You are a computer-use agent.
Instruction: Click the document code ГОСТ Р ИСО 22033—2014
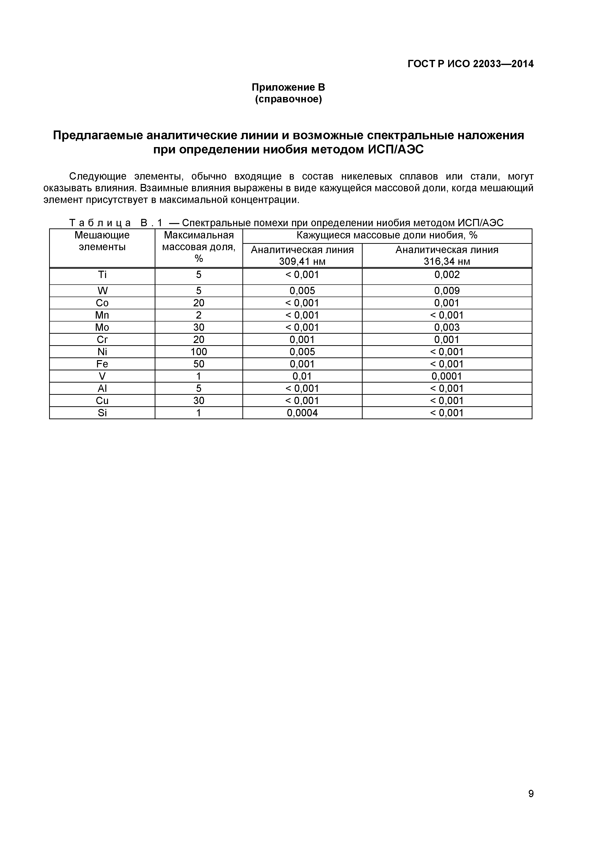470,64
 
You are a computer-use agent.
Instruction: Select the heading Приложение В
288,87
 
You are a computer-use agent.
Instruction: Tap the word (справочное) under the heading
288,100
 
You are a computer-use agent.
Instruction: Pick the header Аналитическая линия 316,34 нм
447,255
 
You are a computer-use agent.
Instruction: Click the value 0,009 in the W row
447,291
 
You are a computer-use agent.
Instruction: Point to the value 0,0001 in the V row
447,376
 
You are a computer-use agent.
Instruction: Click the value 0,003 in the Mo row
447,327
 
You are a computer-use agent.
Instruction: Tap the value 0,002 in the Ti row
447,275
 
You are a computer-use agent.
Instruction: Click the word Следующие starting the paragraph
98,176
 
